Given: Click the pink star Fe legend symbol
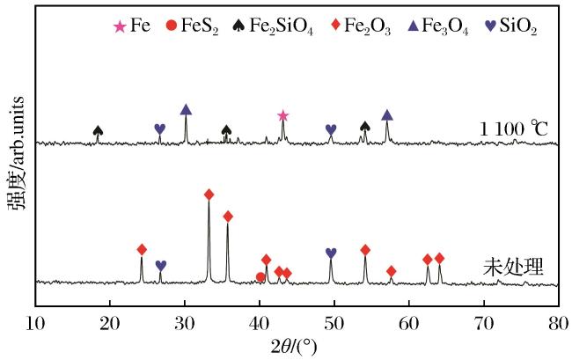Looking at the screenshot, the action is click(120, 26).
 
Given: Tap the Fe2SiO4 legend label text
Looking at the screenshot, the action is click(281, 26).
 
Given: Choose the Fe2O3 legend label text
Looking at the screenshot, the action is click(367, 26).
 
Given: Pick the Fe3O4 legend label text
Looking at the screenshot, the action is click(444, 26).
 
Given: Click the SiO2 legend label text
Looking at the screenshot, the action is click(518, 26).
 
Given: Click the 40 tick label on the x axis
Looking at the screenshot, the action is click(260, 324).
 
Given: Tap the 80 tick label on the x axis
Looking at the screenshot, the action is click(558, 324).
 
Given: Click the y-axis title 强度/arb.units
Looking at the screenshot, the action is click(17, 153).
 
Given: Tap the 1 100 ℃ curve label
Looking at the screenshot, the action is click(513, 129).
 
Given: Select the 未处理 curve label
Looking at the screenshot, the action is click(514, 267).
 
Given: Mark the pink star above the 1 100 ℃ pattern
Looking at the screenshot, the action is click(283, 116).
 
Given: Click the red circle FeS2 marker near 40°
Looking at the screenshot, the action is click(260, 277).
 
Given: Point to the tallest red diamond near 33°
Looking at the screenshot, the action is click(209, 195).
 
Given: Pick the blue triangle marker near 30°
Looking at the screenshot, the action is click(186, 109).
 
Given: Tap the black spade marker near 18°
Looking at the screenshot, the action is click(98, 130).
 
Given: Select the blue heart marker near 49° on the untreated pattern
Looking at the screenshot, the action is click(331, 253).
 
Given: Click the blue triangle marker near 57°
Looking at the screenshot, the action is click(387, 115).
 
